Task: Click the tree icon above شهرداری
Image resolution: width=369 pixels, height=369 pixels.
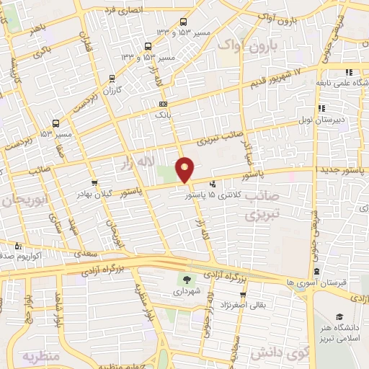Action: (x=187, y=280)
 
